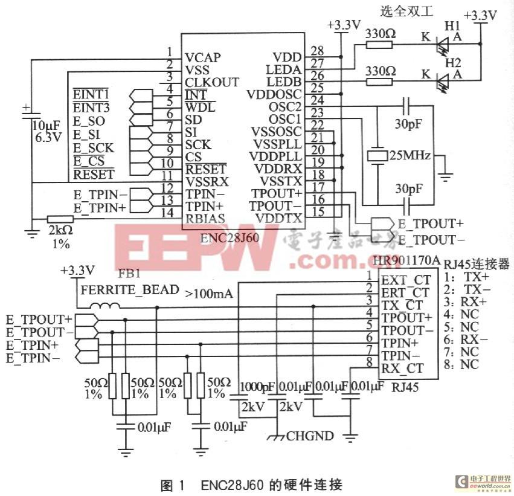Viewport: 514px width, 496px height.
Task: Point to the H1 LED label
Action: click(452, 27)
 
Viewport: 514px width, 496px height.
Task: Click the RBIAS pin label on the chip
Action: click(205, 219)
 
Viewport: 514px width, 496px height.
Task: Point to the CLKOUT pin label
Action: click(211, 82)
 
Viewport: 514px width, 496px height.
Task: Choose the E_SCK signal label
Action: click(94, 147)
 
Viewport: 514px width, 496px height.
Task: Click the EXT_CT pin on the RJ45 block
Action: click(405, 280)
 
